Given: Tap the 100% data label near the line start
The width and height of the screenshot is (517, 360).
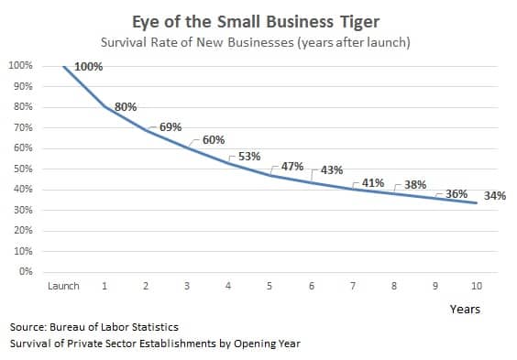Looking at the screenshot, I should tap(88, 68).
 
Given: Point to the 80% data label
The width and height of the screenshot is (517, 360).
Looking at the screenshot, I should tap(126, 107).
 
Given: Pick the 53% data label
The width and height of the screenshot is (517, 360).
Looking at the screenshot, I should tap(249, 157).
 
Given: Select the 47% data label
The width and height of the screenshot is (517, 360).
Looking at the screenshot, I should tap(291, 167).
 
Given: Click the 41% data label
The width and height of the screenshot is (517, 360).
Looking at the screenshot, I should tap(373, 183).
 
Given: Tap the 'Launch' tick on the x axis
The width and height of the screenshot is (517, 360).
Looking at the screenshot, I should tap(63, 286).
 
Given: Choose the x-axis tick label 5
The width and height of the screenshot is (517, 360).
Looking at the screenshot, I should tap(269, 286).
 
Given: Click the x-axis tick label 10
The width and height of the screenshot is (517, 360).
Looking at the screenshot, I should tap(477, 286).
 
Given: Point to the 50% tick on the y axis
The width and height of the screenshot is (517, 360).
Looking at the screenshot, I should tap(20, 169).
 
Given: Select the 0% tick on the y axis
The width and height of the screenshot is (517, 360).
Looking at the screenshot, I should tap(24, 272).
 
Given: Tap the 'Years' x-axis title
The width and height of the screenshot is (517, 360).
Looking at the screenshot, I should tap(465, 309).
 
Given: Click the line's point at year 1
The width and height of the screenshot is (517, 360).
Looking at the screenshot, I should tap(104, 107).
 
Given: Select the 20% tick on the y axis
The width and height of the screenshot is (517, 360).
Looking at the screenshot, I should tap(20, 231).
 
